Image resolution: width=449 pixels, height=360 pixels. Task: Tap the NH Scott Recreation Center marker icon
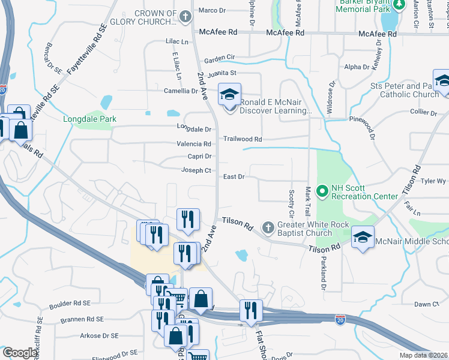pyautogui.click(x=322, y=191)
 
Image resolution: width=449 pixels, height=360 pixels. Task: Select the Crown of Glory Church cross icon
pyautogui.click(x=185, y=17)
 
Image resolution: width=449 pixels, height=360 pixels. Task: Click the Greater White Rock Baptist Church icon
pyautogui.click(x=268, y=227)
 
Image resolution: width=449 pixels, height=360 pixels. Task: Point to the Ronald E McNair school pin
pyautogui.click(x=228, y=95)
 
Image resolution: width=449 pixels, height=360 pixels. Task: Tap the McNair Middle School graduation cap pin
pyautogui.click(x=363, y=237)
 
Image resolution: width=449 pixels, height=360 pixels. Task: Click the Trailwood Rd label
pyautogui.click(x=243, y=139)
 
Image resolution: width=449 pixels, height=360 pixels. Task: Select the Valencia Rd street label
pyautogui.click(x=193, y=144)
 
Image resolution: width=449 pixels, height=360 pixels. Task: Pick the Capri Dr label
pyautogui.click(x=200, y=156)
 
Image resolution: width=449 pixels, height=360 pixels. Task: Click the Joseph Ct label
pyautogui.click(x=196, y=170)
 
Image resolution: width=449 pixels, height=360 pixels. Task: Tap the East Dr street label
pyautogui.click(x=234, y=176)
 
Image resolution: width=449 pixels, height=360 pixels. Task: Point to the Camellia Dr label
pyautogui.click(x=181, y=91)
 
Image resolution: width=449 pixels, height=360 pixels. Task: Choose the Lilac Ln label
pyautogui.click(x=176, y=42)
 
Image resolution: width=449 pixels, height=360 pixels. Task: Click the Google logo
pyautogui.click(x=20, y=353)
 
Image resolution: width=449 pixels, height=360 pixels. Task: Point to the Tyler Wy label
pyautogui.click(x=433, y=181)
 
